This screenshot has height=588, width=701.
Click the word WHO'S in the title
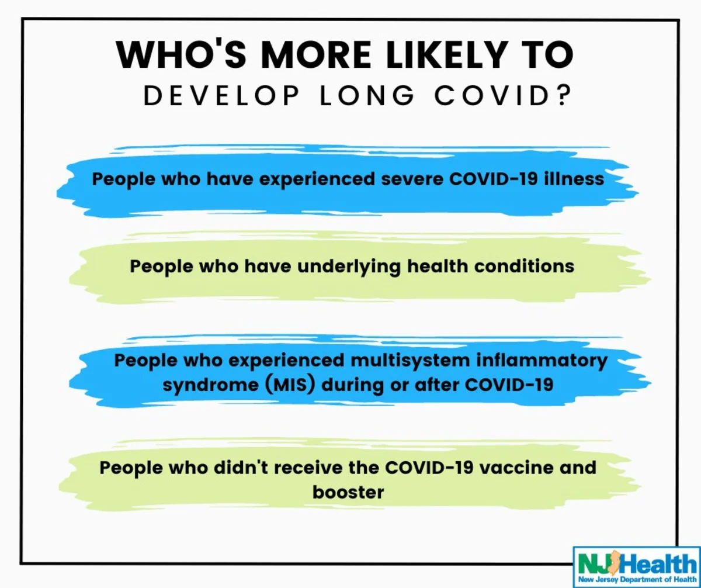(181, 54)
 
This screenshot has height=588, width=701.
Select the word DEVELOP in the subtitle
(221, 96)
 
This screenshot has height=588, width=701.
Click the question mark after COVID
(565, 96)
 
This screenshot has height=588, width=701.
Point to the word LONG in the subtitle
(367, 96)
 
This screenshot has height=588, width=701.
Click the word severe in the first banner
(412, 179)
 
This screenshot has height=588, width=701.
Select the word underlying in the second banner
(349, 267)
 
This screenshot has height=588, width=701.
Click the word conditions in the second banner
(524, 266)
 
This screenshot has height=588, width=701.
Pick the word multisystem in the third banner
(410, 361)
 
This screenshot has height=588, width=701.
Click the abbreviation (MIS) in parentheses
(290, 385)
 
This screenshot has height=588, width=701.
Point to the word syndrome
(211, 385)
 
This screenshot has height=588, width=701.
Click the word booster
(348, 492)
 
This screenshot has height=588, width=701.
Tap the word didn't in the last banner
(241, 468)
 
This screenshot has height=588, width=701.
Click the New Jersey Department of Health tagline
(637, 580)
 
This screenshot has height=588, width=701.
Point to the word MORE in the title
(316, 54)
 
